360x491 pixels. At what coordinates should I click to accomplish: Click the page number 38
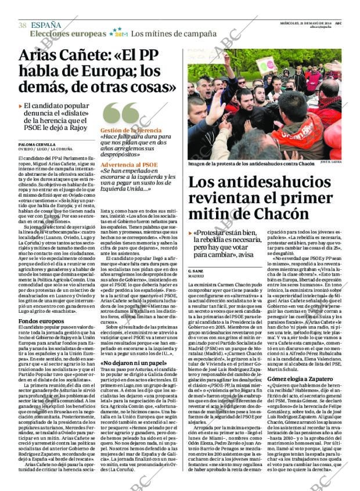click(22, 25)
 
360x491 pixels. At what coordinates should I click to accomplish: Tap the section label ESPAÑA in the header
click(46, 25)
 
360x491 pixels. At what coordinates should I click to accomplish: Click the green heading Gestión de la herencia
click(131, 131)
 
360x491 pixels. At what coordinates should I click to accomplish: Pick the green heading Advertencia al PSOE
click(129, 165)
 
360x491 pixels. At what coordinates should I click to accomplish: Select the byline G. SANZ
click(195, 271)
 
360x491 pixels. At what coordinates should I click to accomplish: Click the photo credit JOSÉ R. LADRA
click(330, 163)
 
